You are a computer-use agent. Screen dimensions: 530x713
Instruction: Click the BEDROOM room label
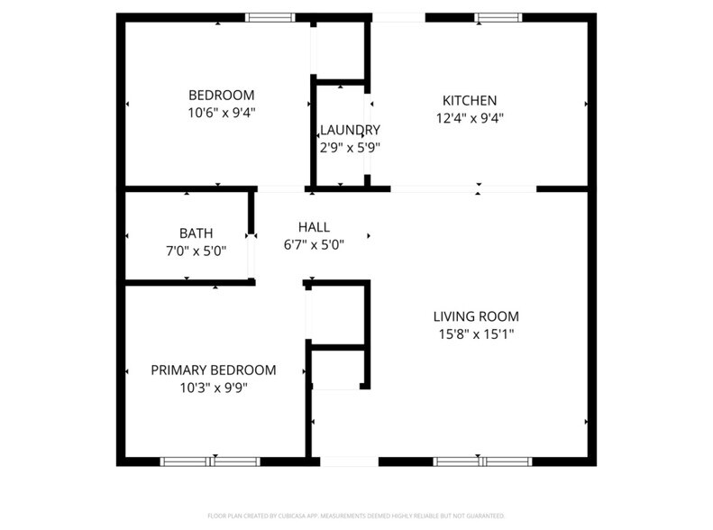[221, 96]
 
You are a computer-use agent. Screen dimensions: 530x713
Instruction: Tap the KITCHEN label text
[469, 100]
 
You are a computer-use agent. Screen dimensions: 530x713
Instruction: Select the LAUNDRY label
[350, 130]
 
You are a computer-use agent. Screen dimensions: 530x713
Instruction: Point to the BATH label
[196, 233]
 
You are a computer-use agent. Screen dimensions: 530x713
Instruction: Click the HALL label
[314, 227]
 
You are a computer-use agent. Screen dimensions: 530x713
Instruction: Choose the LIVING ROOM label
[476, 316]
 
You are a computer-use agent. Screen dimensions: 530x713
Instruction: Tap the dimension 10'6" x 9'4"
[221, 113]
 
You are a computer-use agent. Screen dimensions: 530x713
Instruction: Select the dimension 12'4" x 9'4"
[469, 117]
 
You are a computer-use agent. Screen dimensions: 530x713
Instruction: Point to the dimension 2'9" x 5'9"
[350, 147]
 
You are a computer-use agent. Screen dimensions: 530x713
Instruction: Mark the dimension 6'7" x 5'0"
[314, 243]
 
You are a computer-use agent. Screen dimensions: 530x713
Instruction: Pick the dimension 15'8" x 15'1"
[476, 334]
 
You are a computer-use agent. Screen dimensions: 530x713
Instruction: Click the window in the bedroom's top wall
[270, 17]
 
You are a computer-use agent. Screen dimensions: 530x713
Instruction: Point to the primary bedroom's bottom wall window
[210, 461]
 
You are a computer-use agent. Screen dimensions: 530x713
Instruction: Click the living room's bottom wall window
[483, 461]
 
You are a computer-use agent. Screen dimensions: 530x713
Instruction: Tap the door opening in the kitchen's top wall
[398, 17]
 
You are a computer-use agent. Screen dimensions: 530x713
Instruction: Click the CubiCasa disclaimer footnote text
[356, 516]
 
